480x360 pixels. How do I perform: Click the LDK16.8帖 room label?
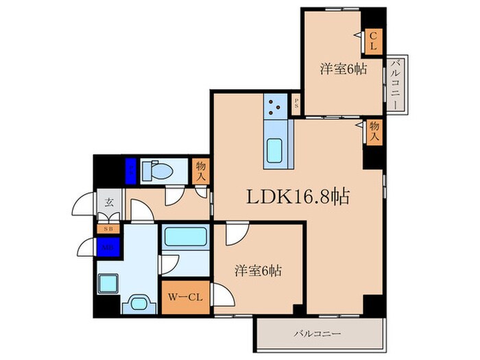click(x=298, y=197)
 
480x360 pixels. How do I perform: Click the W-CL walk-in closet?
click(x=185, y=298)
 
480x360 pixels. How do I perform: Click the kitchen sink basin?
click(x=277, y=149)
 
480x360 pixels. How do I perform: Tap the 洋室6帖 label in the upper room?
click(x=341, y=69)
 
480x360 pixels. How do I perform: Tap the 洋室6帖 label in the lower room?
click(x=257, y=271)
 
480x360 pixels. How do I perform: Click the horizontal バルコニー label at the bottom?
click(x=318, y=334)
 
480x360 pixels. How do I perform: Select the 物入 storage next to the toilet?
click(x=200, y=171)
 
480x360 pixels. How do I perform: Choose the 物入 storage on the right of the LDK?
click(x=374, y=131)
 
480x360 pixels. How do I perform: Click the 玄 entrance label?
click(x=109, y=203)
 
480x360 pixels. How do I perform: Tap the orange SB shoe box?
click(x=108, y=228)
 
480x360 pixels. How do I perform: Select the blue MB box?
click(x=108, y=246)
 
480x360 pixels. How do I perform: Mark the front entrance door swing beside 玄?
click(x=85, y=203)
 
